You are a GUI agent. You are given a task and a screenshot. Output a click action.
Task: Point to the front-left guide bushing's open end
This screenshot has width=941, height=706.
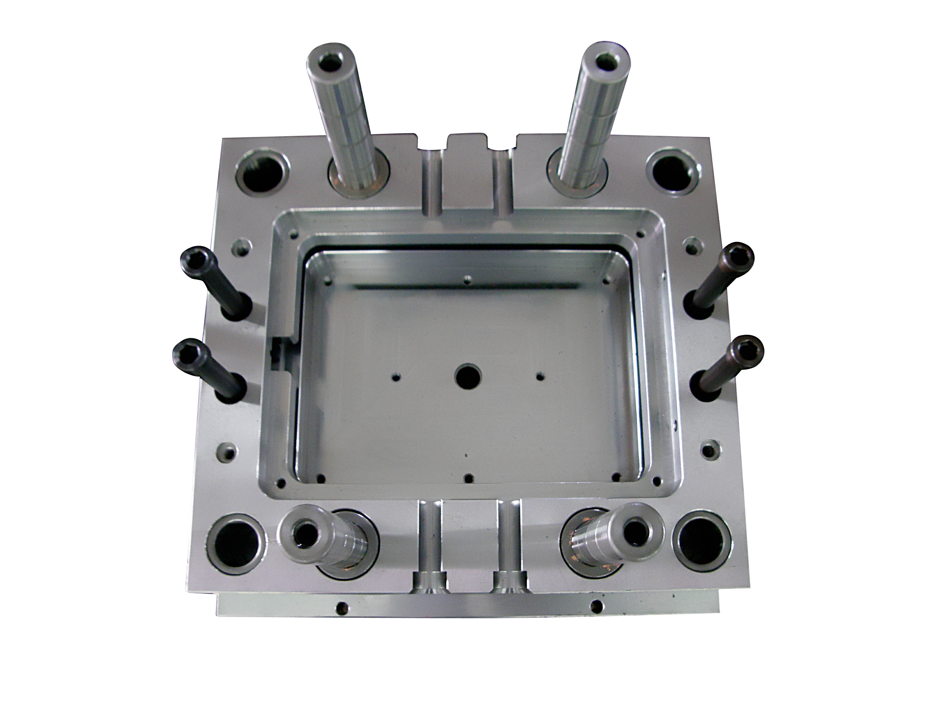coord(304,534)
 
